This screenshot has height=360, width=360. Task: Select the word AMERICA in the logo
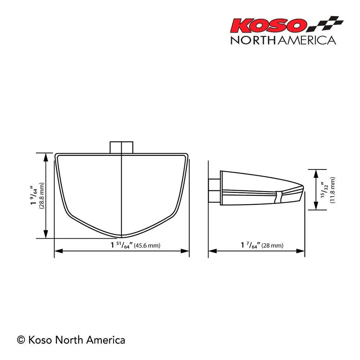click(x=306, y=40)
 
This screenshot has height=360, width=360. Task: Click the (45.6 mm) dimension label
click(x=147, y=246)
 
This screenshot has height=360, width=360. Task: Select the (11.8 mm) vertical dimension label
click(x=332, y=190)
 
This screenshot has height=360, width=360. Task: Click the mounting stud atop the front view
click(x=122, y=147)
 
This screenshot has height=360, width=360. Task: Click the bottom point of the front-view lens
click(x=122, y=237)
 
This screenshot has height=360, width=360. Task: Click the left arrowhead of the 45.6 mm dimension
click(x=57, y=251)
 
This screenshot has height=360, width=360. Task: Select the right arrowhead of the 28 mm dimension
click(x=302, y=251)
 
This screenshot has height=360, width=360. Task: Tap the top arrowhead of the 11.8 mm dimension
click(x=315, y=172)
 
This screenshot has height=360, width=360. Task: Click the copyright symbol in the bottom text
click(x=21, y=339)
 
